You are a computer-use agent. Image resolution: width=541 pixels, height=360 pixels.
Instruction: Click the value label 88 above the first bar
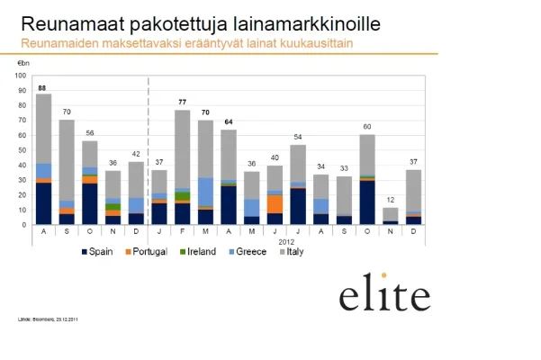pyautogui.click(x=42, y=87)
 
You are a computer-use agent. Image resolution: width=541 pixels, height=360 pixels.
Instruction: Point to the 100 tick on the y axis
pyautogui.click(x=24, y=76)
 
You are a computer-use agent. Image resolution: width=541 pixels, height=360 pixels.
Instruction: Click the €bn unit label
pyautogui.click(x=24, y=63)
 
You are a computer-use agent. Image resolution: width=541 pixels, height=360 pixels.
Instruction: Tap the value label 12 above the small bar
pyautogui.click(x=390, y=199)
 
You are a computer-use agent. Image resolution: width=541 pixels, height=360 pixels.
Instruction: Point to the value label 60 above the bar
pyautogui.click(x=366, y=127)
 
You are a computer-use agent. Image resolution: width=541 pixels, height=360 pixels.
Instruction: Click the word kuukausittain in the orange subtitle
pyautogui.click(x=314, y=42)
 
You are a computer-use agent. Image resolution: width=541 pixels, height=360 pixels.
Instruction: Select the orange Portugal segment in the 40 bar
pyautogui.click(x=274, y=203)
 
